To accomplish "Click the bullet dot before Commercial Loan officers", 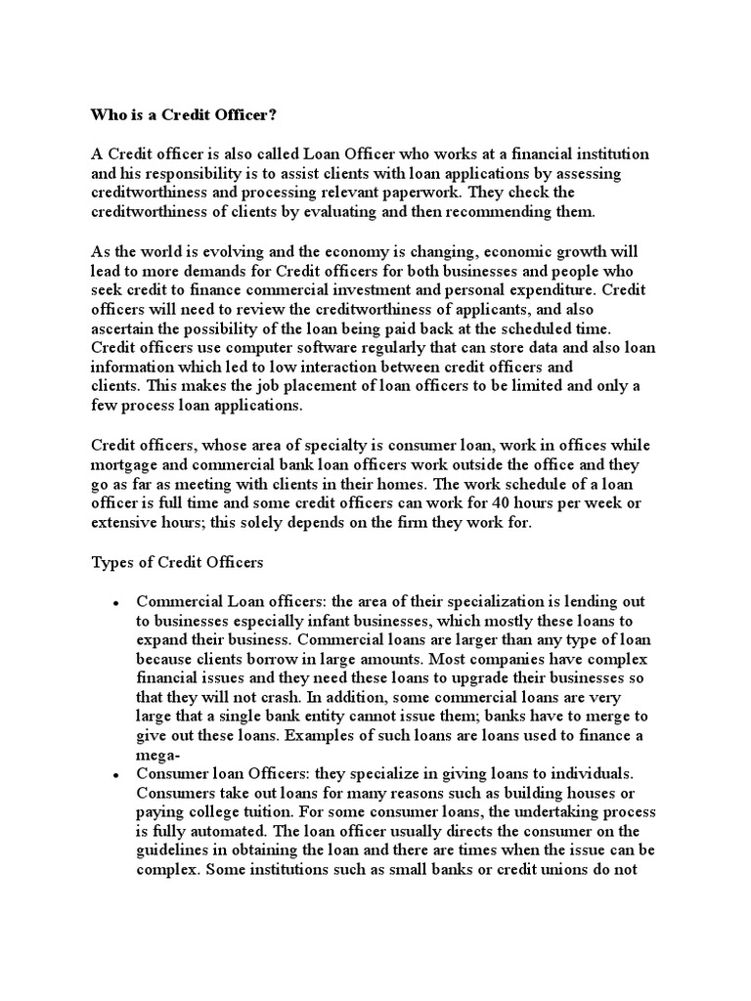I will click(x=116, y=603).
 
